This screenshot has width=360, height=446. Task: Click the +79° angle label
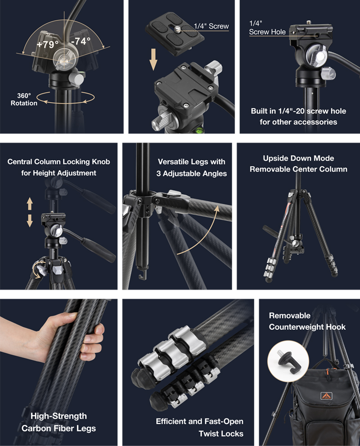[x=47, y=44]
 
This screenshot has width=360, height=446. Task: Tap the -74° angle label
[x=81, y=41]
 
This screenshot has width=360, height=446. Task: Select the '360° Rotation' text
[x=24, y=99]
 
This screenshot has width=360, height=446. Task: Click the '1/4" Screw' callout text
[x=211, y=26]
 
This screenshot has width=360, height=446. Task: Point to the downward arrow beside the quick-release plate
[x=153, y=59]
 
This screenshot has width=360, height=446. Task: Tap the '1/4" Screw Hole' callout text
[x=267, y=27]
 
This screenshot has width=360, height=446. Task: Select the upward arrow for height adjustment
[x=30, y=204]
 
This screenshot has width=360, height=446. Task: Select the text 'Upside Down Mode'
[x=298, y=158]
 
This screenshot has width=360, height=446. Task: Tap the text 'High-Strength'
[x=58, y=416]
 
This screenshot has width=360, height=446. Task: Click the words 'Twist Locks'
[x=221, y=433]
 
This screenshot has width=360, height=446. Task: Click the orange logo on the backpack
[x=326, y=396]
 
